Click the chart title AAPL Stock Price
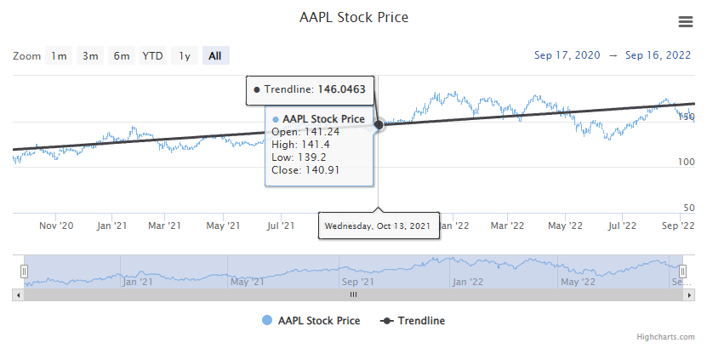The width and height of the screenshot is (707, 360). coord(354,17)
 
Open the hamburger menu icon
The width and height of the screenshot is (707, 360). coord(685,21)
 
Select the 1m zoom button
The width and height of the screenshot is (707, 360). coord(58,56)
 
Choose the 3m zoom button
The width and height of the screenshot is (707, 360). coord(89,56)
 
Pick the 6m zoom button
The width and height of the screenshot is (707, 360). coord(122,56)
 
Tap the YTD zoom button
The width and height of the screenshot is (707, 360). coord(152,56)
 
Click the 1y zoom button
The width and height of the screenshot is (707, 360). coord(184,56)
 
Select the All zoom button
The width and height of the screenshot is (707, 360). coord(214,56)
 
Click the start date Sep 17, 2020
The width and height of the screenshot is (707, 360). coord(567,55)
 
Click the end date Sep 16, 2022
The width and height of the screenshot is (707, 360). coord(658,55)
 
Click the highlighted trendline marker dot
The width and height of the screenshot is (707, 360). coord(379,124)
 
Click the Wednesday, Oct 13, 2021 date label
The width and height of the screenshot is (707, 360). coord(379,226)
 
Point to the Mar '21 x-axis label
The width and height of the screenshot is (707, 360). coord(164,226)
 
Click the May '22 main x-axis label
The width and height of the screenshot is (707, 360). coord(565,226)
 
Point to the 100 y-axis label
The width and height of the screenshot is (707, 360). coord(686,162)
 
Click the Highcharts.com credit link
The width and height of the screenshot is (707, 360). coord(665,337)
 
